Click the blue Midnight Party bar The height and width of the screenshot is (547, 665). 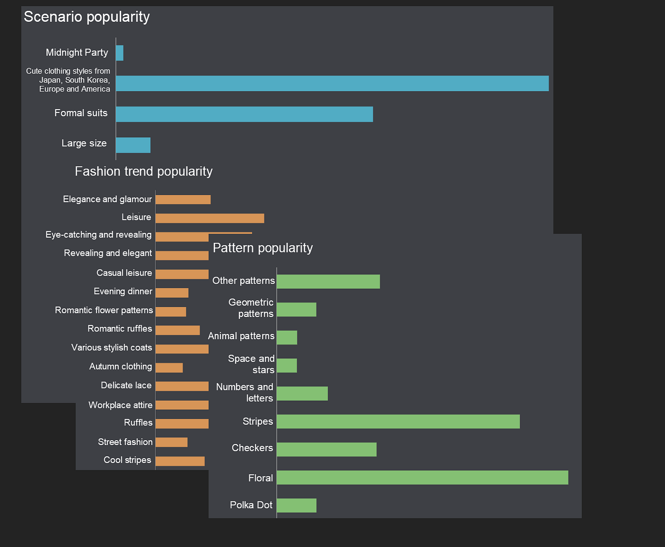pyautogui.click(x=120, y=53)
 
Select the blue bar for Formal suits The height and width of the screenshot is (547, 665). pyautogui.click(x=244, y=114)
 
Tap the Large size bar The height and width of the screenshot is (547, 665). pyautogui.click(x=133, y=145)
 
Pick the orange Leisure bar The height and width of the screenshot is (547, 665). pyautogui.click(x=209, y=218)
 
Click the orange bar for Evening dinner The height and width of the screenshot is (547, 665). pyautogui.click(x=172, y=293)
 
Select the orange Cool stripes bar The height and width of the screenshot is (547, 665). pyautogui.click(x=180, y=461)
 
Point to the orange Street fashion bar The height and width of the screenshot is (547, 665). pyautogui.click(x=171, y=442)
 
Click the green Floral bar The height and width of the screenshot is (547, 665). pyautogui.click(x=422, y=478)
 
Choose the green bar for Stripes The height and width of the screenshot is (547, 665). pyautogui.click(x=398, y=422)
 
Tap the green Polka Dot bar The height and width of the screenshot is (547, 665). pyautogui.click(x=296, y=506)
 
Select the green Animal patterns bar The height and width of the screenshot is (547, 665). pyautogui.click(x=287, y=338)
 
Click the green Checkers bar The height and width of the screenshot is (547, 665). pyautogui.click(x=326, y=450)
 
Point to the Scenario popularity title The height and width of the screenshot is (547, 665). pyautogui.click(x=87, y=17)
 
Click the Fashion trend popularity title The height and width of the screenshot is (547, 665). pyautogui.click(x=143, y=171)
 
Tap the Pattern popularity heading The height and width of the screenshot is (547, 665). pyautogui.click(x=263, y=248)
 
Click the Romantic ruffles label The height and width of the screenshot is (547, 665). pyautogui.click(x=120, y=329)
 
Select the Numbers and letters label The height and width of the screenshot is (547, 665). pyautogui.click(x=245, y=393)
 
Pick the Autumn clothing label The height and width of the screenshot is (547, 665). pyautogui.click(x=121, y=367)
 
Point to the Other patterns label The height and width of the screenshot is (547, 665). pyautogui.click(x=244, y=281)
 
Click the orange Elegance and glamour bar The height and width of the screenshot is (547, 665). pyautogui.click(x=183, y=200)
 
